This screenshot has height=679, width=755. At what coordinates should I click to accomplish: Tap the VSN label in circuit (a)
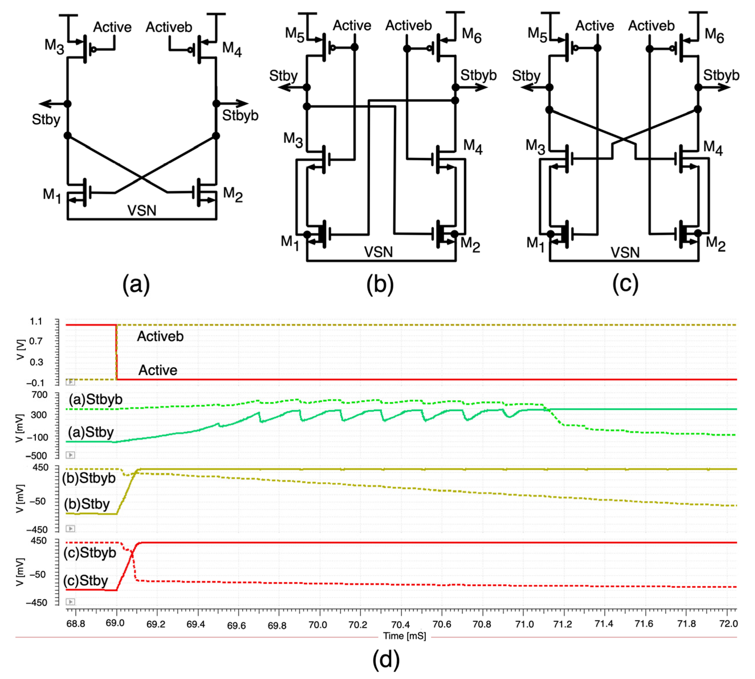(141, 211)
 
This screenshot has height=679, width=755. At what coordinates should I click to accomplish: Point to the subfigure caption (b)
(380, 284)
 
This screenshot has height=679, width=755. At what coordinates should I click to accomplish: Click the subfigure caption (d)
(386, 659)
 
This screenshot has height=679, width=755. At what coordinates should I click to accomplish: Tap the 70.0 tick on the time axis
(318, 624)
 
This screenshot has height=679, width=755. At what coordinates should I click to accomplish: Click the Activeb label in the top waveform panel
(160, 337)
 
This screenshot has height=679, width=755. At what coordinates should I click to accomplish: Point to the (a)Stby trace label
(91, 433)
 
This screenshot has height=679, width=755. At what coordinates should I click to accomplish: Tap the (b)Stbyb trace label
(89, 478)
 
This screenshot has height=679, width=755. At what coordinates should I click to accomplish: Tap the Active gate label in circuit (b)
(352, 25)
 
